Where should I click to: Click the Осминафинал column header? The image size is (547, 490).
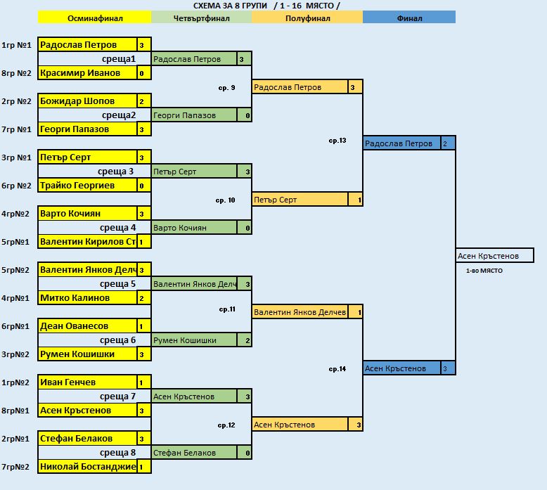[94, 18]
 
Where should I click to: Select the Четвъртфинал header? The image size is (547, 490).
[201, 18]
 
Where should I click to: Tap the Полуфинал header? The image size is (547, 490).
[307, 18]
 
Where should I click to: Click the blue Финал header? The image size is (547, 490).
[409, 18]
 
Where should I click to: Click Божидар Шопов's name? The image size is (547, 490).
[77, 101]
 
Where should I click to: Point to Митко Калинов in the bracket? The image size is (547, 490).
[75, 298]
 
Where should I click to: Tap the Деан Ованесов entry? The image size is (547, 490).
[75, 326]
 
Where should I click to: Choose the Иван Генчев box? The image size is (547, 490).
[68, 382]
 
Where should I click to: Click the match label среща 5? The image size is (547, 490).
[117, 284]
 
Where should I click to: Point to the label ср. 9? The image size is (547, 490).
[226, 88]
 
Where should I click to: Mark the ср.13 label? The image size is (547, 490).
[337, 141]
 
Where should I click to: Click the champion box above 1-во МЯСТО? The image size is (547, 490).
[495, 255]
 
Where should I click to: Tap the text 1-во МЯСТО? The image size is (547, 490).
[484, 271]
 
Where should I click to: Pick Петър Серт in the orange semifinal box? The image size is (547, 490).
[276, 200]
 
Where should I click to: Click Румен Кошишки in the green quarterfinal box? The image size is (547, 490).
[185, 340]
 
